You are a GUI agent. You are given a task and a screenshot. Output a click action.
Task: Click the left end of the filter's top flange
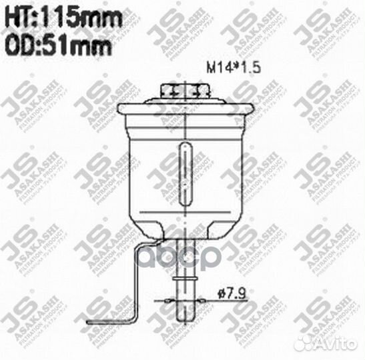point(120,109)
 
